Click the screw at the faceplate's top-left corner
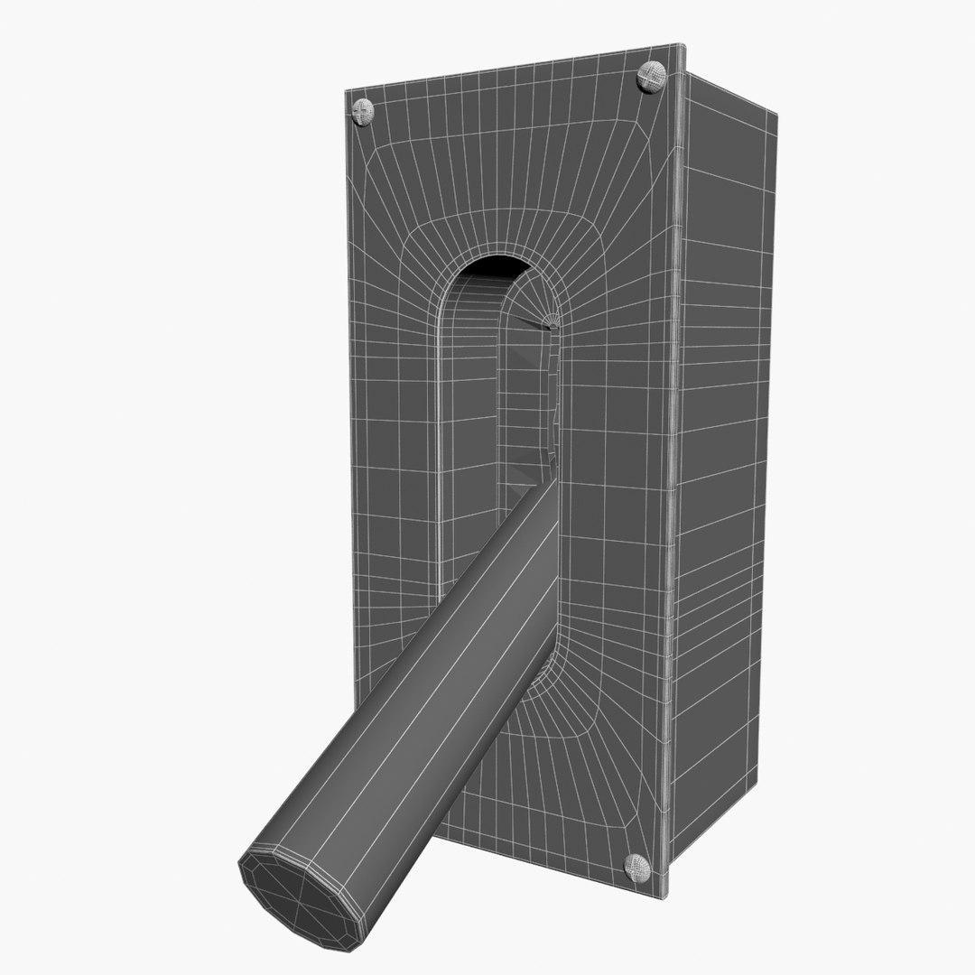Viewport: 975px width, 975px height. pos(362,111)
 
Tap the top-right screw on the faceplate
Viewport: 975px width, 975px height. pos(651,76)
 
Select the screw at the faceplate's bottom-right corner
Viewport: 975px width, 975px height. pos(638,867)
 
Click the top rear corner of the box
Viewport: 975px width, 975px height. pos(776,112)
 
